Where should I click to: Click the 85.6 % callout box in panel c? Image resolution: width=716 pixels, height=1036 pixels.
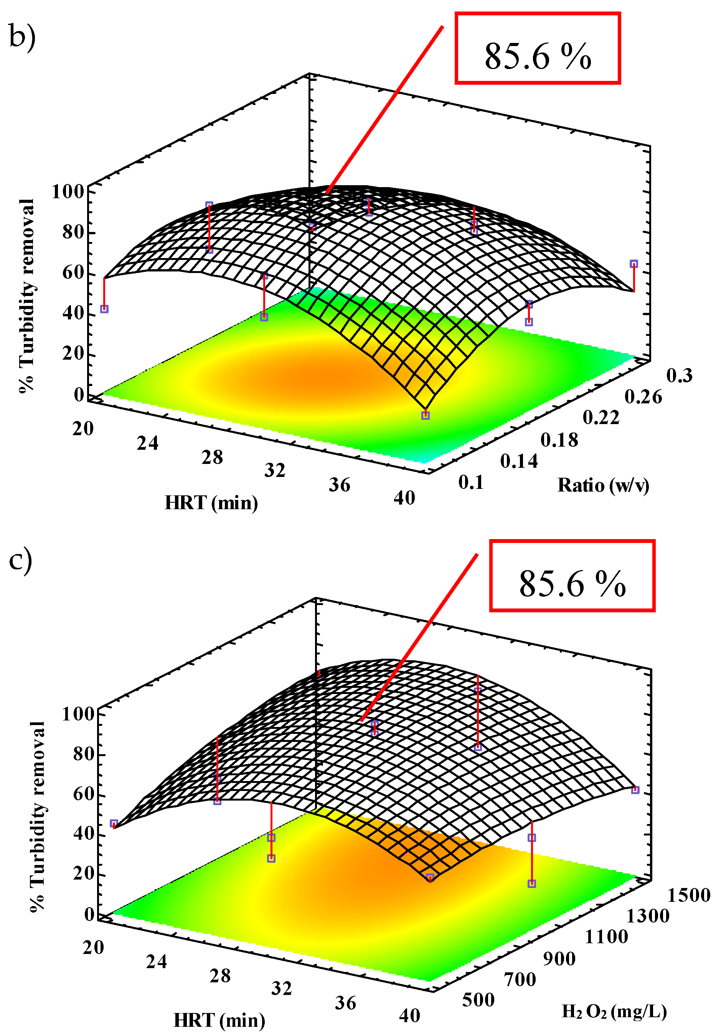tap(572, 575)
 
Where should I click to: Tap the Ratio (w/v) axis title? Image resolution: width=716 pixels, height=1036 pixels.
tap(603, 485)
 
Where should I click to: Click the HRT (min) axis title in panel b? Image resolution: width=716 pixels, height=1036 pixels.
tap(211, 503)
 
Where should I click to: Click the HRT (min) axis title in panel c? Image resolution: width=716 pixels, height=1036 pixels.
tap(219, 1020)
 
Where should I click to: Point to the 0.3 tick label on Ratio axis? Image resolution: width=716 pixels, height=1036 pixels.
tap(679, 376)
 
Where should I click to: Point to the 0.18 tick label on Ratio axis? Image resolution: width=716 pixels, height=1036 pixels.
tap(559, 441)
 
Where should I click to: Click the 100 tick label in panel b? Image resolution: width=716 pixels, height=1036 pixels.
tap(68, 192)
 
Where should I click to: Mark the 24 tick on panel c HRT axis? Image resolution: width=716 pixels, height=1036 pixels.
tap(156, 962)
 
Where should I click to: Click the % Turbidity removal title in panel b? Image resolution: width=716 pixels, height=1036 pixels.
tap(27, 296)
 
